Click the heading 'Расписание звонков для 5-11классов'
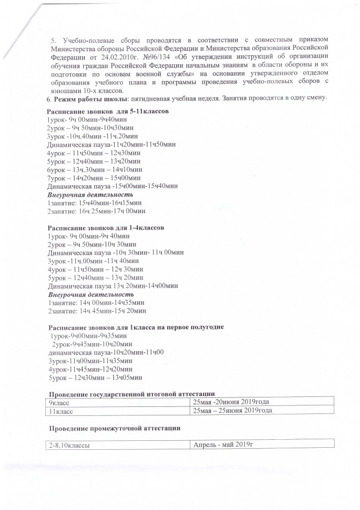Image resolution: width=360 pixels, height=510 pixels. point(108,111)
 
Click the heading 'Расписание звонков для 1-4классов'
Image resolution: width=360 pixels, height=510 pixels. point(106,228)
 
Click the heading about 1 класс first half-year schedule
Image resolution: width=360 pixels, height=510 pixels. point(135,327)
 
